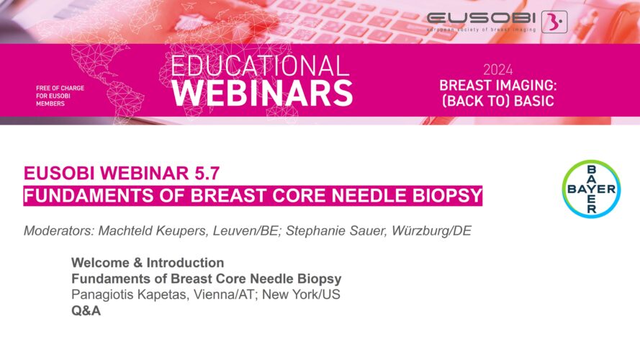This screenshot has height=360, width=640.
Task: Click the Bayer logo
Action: (x=592, y=189)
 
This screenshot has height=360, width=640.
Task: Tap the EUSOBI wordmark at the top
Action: (x=481, y=18)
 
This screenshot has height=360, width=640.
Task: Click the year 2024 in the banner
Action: (x=498, y=71)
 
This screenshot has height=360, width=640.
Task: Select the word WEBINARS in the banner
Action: (x=263, y=94)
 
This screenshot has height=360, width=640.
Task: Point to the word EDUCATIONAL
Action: (x=261, y=66)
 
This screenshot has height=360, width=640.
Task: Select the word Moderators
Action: (x=59, y=230)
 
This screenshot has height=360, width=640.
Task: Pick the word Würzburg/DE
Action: (x=431, y=230)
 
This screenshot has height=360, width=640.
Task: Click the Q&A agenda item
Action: (x=86, y=310)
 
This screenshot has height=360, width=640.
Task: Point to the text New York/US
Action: (x=301, y=294)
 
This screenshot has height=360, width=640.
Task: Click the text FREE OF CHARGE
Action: (x=60, y=88)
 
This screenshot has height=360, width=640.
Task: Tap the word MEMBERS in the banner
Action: (x=50, y=104)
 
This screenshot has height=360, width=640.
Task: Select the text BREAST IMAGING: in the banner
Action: (x=498, y=85)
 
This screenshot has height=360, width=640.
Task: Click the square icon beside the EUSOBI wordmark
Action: (x=554, y=22)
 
